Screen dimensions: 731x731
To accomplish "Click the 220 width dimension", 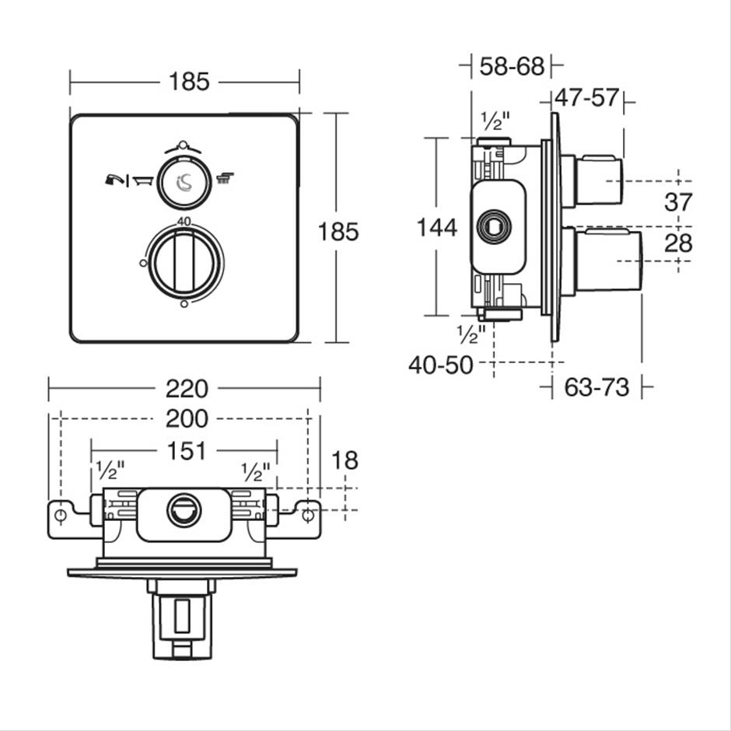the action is point(187,389).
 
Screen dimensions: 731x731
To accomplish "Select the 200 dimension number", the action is point(187,418).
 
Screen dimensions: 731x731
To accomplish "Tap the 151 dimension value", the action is point(187,451).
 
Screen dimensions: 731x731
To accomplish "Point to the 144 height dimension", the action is point(436,228).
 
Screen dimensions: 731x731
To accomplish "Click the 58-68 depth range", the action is point(512,66).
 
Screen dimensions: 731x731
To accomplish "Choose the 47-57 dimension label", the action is point(586,98).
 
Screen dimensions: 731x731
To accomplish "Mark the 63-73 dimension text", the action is point(596,387).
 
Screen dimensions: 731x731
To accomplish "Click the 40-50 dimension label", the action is point(441,365).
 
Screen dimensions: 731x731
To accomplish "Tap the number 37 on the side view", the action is point(678,202).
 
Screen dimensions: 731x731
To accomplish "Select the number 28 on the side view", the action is point(678,243).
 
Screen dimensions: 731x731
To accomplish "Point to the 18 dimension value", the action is point(345,460).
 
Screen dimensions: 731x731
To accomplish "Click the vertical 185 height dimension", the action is point(338,232).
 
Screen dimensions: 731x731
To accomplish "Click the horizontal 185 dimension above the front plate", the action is point(189,82).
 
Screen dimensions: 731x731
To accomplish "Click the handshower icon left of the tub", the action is point(114,180).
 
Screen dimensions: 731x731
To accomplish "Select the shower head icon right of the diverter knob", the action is point(226,179).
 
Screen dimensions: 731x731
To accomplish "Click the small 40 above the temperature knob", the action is point(184,222).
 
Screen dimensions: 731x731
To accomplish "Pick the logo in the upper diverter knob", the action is point(184,182).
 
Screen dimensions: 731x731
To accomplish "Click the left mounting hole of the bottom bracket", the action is point(61,516).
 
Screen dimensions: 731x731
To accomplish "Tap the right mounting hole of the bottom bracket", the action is point(308,516).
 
